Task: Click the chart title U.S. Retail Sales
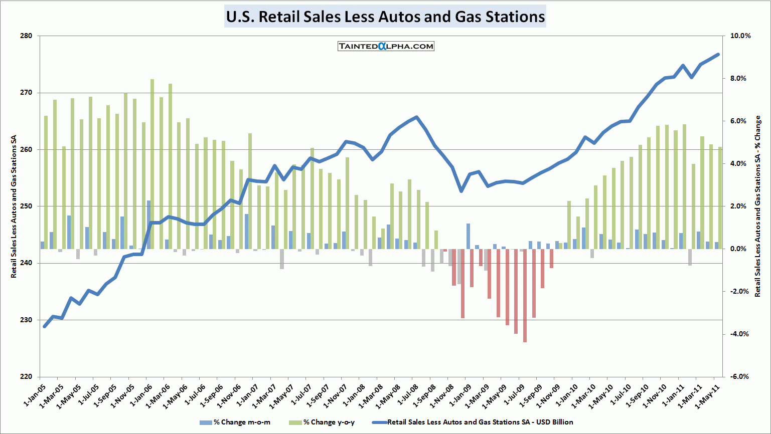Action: [385, 17]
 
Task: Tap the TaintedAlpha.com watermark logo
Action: [386, 46]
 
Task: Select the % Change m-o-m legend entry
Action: [236, 422]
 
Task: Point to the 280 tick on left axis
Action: [27, 36]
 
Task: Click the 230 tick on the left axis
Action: [27, 320]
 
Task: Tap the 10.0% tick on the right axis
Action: [741, 36]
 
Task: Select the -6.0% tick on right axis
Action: [740, 376]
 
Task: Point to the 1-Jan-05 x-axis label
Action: [36, 395]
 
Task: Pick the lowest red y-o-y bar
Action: [525, 296]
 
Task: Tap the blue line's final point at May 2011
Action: [718, 55]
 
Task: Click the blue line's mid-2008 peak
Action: [416, 117]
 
